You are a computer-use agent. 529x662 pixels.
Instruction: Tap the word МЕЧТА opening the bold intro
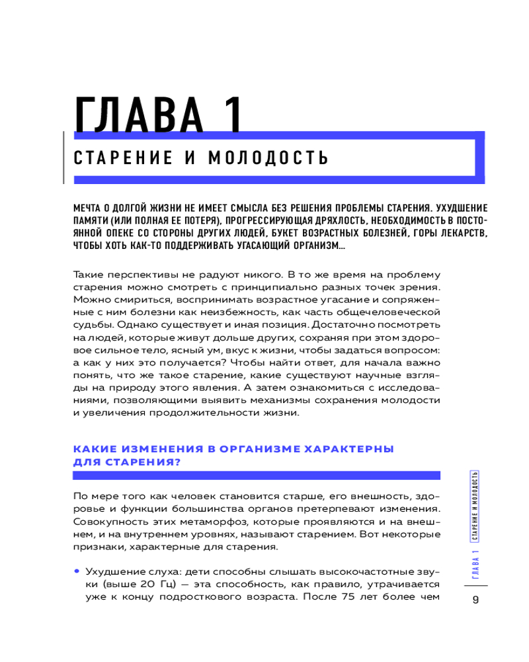88,206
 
